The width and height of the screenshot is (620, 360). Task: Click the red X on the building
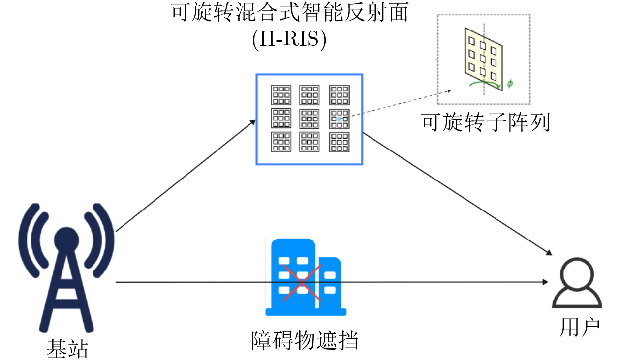pos(302,282)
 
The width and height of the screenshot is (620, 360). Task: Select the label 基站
pos(67,349)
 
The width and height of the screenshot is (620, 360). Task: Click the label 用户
pos(580,328)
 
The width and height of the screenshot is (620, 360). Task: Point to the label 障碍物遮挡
pos(305,341)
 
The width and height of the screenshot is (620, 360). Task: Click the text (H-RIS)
pos(289,39)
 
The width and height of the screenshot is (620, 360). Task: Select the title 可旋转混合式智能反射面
pos(289,12)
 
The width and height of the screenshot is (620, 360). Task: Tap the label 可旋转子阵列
pos(486,122)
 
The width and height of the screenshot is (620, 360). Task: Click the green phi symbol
pos(510,83)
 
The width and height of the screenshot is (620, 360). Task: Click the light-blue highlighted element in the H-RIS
pos(340,119)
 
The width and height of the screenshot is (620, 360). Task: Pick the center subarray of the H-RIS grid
pos(310,119)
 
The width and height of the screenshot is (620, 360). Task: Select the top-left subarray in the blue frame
pos(281,95)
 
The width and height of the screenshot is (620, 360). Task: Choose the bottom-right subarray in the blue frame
pos(340,142)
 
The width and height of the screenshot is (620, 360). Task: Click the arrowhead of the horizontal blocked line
pos(546,282)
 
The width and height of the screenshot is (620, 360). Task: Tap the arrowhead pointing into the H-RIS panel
pos(253,122)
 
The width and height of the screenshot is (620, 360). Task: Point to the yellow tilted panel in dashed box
pos(484,59)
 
